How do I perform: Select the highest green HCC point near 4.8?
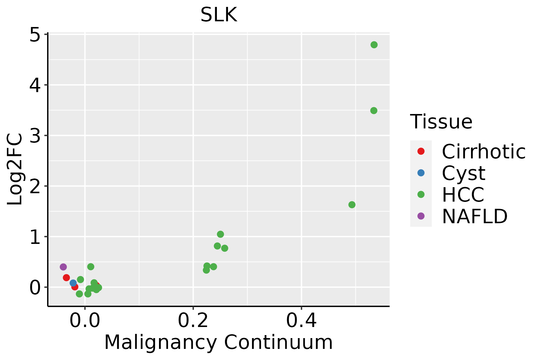[374, 45]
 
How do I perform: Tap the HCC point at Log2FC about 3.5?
[373, 111]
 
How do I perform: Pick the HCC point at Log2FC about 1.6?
[352, 205]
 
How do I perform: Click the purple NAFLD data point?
[63, 267]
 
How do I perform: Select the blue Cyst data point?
[73, 283]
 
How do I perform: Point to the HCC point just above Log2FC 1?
[220, 234]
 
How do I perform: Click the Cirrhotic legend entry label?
[483, 151]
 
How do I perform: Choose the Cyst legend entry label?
[463, 173]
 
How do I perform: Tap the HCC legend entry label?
[463, 195]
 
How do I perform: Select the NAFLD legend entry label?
[475, 216]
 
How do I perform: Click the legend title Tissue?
[441, 122]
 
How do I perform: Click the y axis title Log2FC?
[15, 169]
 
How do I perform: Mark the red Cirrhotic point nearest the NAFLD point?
[67, 277]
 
